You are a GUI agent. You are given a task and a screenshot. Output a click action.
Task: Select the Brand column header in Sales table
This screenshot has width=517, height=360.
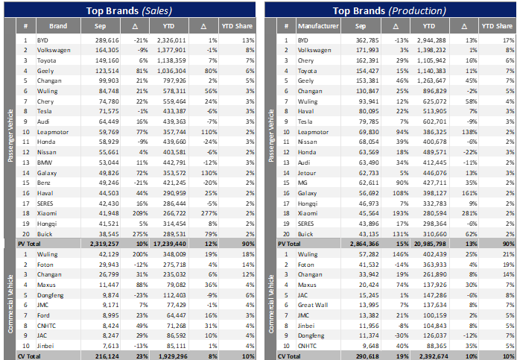tap(58, 25)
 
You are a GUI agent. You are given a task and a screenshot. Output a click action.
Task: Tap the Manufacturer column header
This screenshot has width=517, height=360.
tap(318, 25)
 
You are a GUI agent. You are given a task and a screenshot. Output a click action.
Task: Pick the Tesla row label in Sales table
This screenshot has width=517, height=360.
tap(45, 109)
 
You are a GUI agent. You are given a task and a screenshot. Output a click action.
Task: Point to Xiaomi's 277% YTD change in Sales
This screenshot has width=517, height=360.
tap(207, 213)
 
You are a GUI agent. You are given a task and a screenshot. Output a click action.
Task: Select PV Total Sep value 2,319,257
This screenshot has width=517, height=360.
tap(101, 244)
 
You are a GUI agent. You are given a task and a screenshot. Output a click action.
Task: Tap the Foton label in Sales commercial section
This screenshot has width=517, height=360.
tap(46, 264)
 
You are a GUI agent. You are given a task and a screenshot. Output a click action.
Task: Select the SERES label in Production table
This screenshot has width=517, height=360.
tap(306, 223)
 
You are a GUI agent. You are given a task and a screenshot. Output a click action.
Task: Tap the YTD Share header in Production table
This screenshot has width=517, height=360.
tap(493, 25)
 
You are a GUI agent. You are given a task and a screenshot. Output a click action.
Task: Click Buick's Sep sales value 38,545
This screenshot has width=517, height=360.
tap(105, 233)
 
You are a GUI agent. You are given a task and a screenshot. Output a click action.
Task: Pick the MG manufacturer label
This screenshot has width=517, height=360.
tap(302, 180)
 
